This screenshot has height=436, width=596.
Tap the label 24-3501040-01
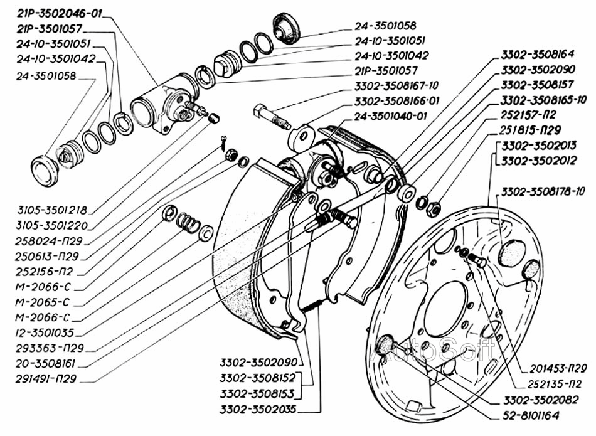pos(391,116)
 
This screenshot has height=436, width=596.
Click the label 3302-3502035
pos(258,409)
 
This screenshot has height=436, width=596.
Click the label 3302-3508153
pos(258,393)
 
